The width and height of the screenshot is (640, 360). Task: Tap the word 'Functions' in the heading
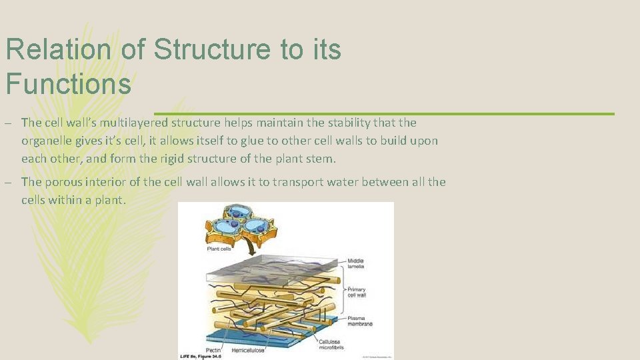tap(68, 85)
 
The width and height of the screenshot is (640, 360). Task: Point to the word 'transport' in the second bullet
tap(270, 182)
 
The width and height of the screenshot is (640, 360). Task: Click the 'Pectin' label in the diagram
tap(214, 349)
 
